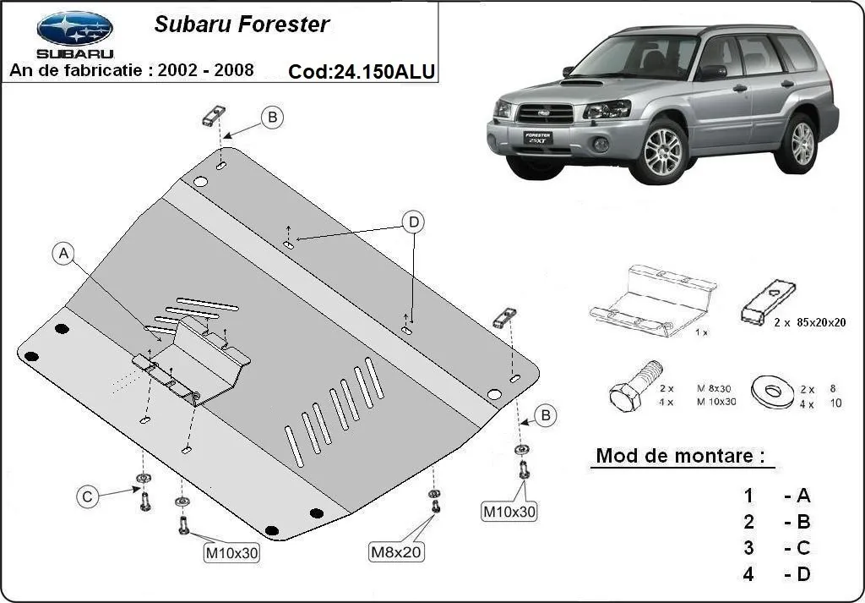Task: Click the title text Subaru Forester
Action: tap(241, 24)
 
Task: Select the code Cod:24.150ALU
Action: tap(362, 72)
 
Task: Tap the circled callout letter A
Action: tap(63, 254)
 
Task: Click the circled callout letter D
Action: tap(413, 222)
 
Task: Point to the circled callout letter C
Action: tap(87, 497)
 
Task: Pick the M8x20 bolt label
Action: tap(397, 552)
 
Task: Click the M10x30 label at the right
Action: tap(509, 511)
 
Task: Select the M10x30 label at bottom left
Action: tap(231, 554)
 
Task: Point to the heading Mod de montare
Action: tap(680, 456)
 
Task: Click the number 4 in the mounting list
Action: tap(748, 574)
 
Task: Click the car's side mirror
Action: tap(711, 72)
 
